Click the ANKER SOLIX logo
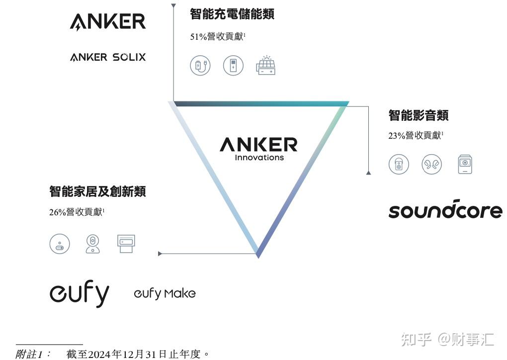(x=108, y=57)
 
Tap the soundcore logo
(x=445, y=210)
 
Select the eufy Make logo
(x=165, y=293)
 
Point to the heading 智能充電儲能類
(x=232, y=14)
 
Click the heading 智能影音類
(x=419, y=115)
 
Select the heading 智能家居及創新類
(x=98, y=191)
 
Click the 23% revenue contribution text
(x=416, y=135)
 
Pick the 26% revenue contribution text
(x=77, y=212)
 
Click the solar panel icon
(x=265, y=66)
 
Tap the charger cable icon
(x=200, y=66)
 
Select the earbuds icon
(x=431, y=165)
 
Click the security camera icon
(x=92, y=244)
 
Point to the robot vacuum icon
(x=60, y=244)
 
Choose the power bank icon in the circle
(x=233, y=66)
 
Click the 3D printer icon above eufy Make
(x=126, y=244)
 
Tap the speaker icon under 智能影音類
(x=399, y=165)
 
